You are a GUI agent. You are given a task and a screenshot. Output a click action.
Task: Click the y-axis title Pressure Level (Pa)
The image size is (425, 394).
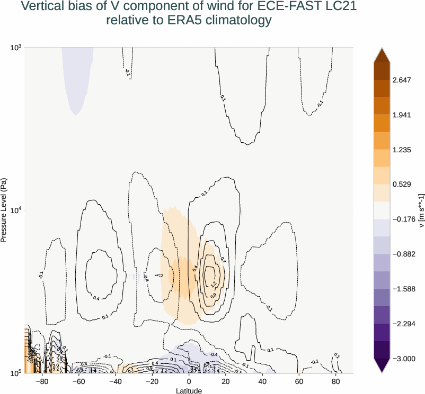(x=4, y=210)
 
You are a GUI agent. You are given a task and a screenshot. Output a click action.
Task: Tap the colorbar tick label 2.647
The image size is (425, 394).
(x=402, y=80)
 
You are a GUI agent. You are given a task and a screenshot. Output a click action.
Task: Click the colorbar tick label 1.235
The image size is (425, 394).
(x=402, y=150)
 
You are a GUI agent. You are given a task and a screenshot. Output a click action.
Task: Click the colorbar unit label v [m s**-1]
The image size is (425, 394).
(x=421, y=210)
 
